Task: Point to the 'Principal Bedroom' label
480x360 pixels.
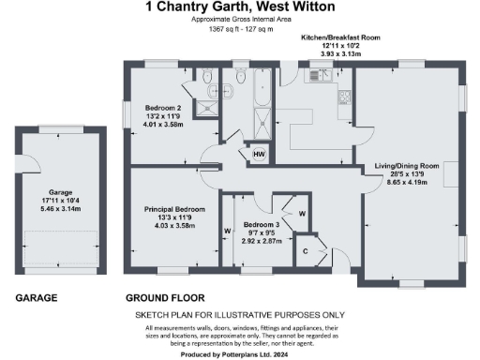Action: tap(174, 208)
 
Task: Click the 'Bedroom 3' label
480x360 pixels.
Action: tap(262, 226)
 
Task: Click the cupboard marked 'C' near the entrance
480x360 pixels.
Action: tap(307, 250)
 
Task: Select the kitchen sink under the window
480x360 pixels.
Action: tap(320, 76)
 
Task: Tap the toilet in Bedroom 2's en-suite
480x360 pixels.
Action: tap(203, 80)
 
